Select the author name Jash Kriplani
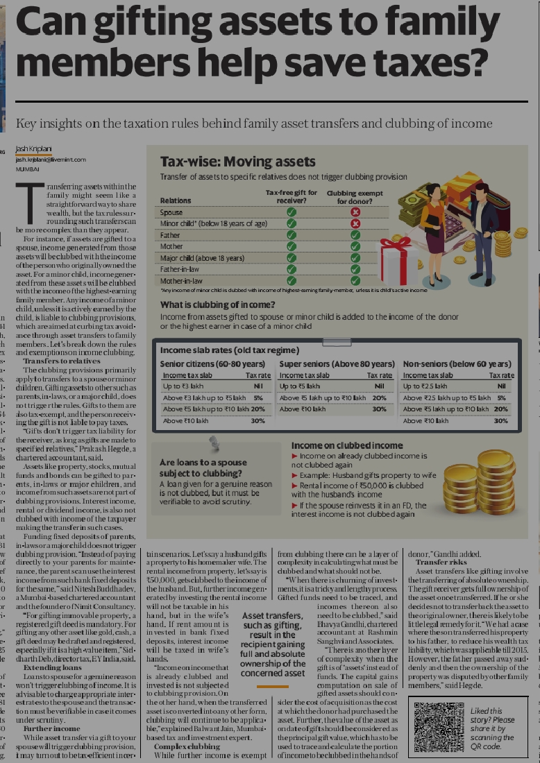[x=33, y=150]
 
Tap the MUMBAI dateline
[x=27, y=169]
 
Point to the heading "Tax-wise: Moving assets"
[x=237, y=162]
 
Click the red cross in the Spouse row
[x=355, y=212]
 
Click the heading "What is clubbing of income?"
[x=218, y=305]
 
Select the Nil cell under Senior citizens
[x=257, y=386]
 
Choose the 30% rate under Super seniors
[x=379, y=409]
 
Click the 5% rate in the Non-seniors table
[x=502, y=397]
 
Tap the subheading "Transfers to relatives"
[x=61, y=361]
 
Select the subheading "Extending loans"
[x=52, y=667]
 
